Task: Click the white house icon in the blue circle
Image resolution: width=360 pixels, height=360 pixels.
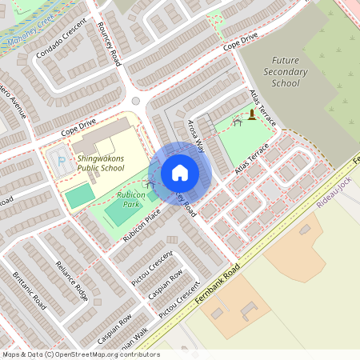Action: (180, 173)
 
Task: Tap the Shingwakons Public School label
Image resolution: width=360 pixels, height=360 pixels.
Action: (101, 163)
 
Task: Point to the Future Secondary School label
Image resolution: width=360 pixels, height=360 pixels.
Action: (290, 71)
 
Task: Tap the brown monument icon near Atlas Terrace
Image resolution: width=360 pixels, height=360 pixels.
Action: (253, 116)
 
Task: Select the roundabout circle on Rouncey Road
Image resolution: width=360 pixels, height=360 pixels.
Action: (136, 101)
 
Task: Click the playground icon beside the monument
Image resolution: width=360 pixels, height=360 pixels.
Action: (237, 122)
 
